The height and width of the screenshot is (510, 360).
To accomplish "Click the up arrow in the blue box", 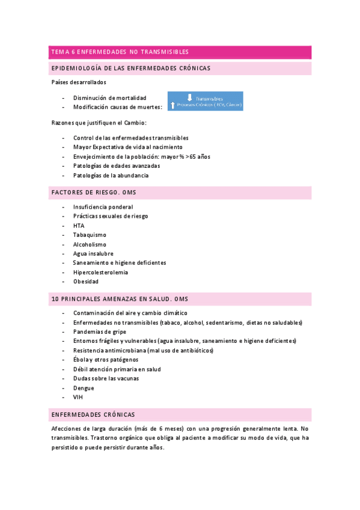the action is point(172,105).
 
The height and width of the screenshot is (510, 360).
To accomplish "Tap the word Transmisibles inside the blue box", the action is point(210,98).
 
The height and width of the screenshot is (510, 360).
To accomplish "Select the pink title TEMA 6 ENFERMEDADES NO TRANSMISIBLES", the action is point(120,52).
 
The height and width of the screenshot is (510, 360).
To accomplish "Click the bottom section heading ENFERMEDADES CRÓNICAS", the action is point(93,415).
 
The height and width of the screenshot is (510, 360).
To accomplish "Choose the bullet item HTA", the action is point(79,226).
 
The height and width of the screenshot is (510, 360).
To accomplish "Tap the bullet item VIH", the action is point(78,398).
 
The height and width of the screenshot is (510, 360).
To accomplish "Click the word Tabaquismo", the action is point(90,235).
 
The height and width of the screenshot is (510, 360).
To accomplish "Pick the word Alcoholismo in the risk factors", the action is point(90,244).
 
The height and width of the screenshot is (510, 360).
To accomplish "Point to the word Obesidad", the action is point(86,281).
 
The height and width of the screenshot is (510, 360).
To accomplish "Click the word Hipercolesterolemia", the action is point(100,272).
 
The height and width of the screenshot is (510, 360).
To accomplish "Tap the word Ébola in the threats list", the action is point(81,360).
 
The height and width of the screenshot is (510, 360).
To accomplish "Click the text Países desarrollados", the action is point(79,82).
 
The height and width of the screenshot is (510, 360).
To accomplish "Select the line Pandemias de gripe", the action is point(100,331).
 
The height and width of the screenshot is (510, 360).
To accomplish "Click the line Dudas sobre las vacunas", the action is point(106,378).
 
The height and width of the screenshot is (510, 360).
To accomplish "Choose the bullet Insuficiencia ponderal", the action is point(103,207).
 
